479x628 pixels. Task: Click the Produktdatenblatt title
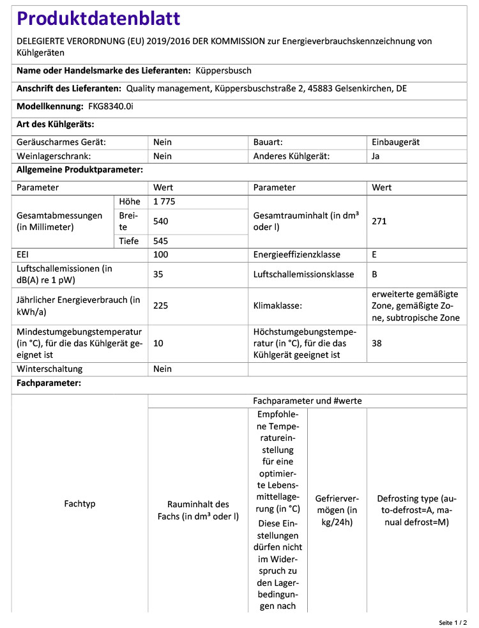tap(98, 19)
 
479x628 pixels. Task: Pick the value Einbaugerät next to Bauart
tap(395, 142)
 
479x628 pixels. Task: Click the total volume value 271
tap(379, 221)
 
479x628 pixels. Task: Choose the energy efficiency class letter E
tap(374, 254)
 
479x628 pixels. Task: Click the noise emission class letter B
tap(374, 275)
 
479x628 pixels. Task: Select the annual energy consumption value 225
tap(161, 305)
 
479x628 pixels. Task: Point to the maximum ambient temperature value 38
tap(376, 343)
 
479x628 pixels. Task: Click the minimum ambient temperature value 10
tap(158, 343)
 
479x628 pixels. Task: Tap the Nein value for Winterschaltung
tap(163, 369)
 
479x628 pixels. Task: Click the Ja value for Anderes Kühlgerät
tap(376, 156)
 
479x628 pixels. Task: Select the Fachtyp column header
tap(80, 504)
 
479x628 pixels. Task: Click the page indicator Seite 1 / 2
tap(453, 622)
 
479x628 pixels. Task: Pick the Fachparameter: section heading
tap(49, 383)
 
